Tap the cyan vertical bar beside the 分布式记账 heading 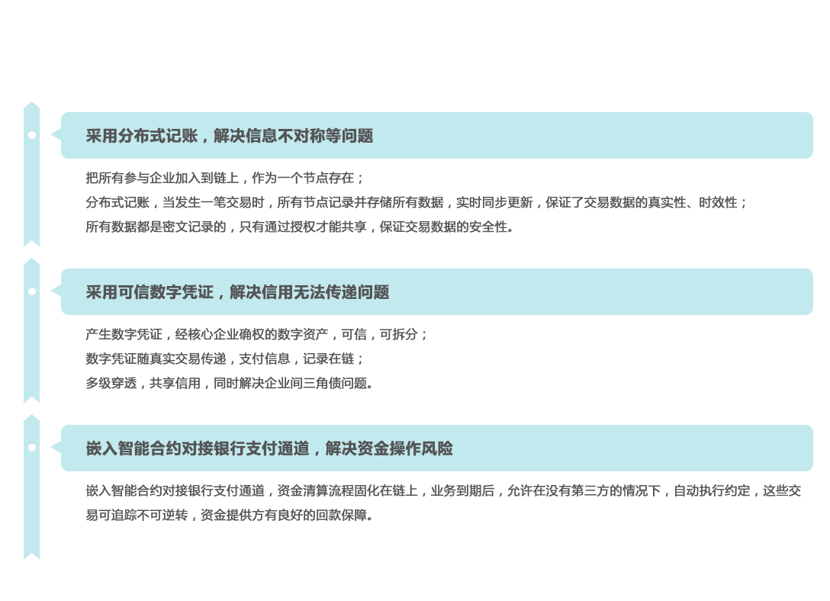click(x=31, y=174)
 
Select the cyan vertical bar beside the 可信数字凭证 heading click(x=31, y=330)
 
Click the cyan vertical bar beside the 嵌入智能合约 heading click(x=31, y=487)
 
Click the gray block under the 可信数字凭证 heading click(x=250, y=358)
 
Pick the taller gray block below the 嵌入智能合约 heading click(x=269, y=502)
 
